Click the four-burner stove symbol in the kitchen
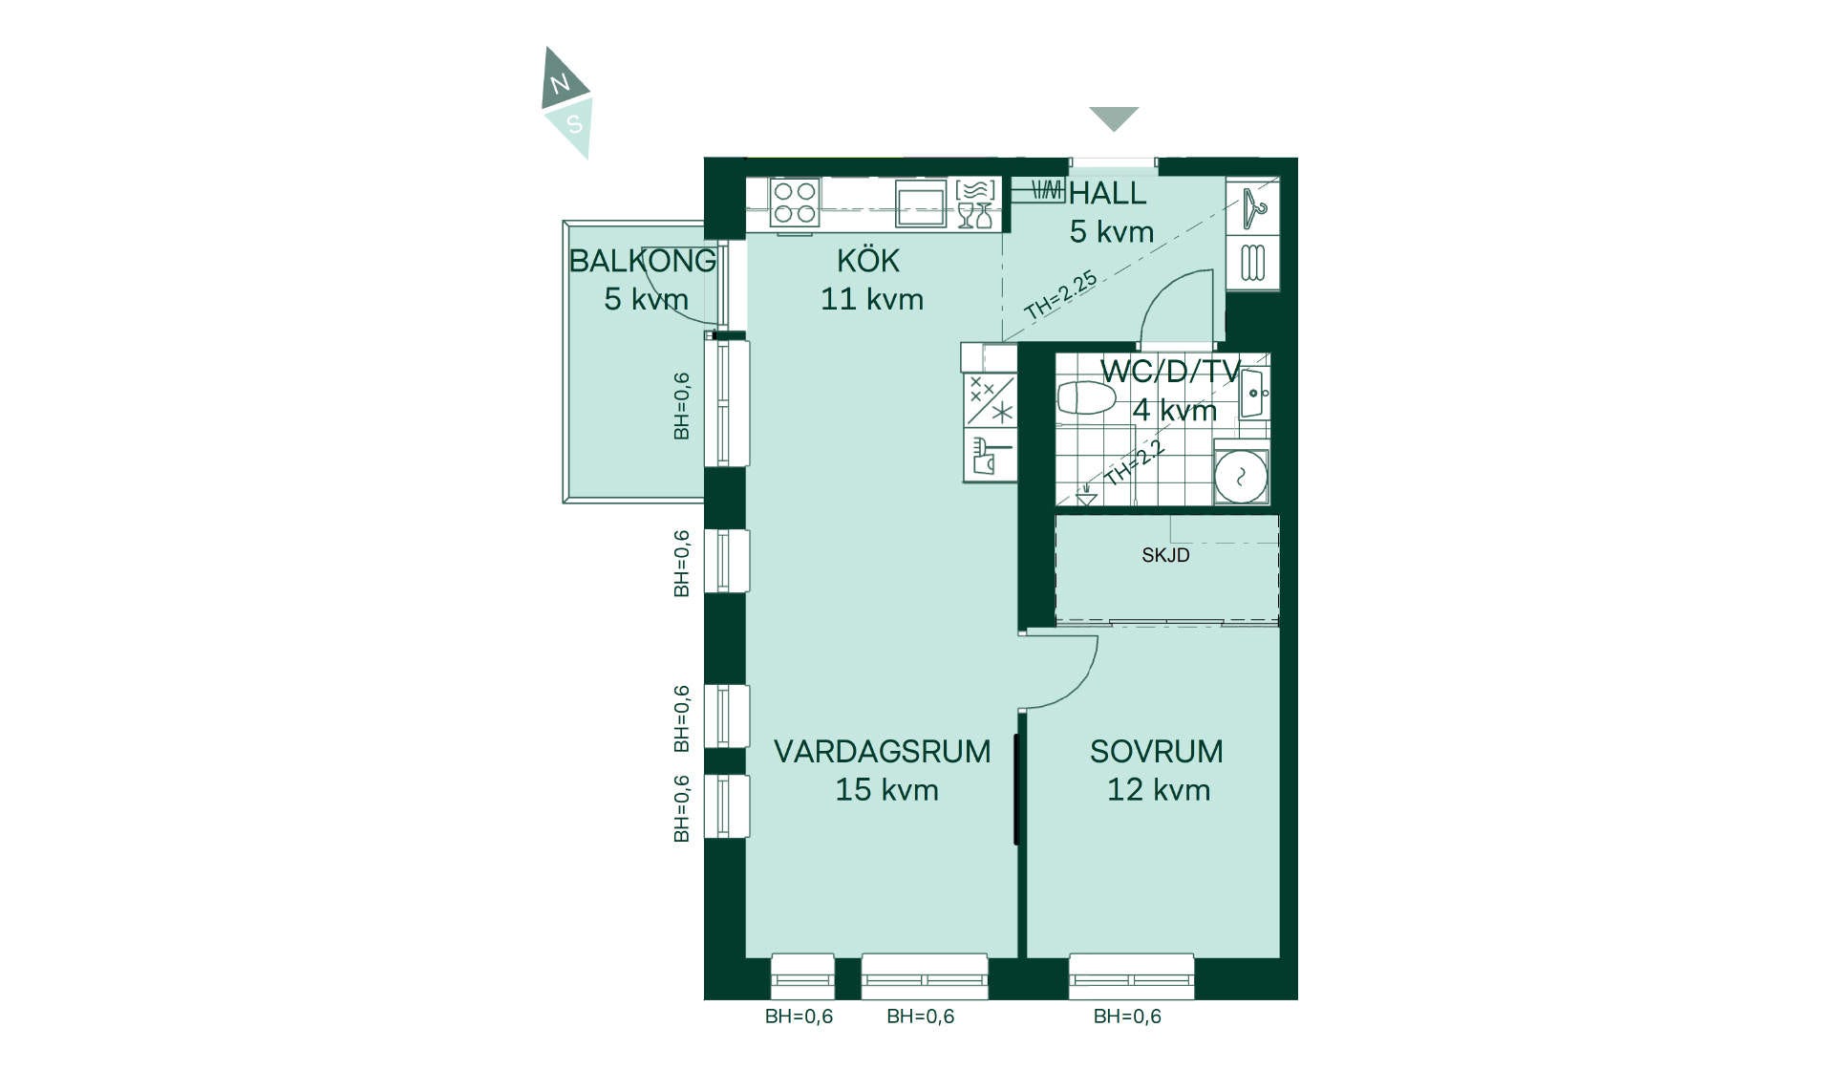tap(795, 203)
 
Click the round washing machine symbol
tap(1241, 476)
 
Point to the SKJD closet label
tap(1165, 555)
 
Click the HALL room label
tap(1107, 193)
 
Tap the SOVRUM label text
tap(1156, 751)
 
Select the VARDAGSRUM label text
tap(882, 751)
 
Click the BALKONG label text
tap(642, 260)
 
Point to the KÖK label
tap(868, 260)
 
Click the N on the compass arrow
tap(560, 83)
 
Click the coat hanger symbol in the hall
tap(1253, 208)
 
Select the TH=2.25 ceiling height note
tap(1060, 295)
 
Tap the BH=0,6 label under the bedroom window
tap(1127, 1016)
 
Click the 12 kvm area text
tap(1159, 790)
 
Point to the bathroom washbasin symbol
tap(1254, 392)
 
